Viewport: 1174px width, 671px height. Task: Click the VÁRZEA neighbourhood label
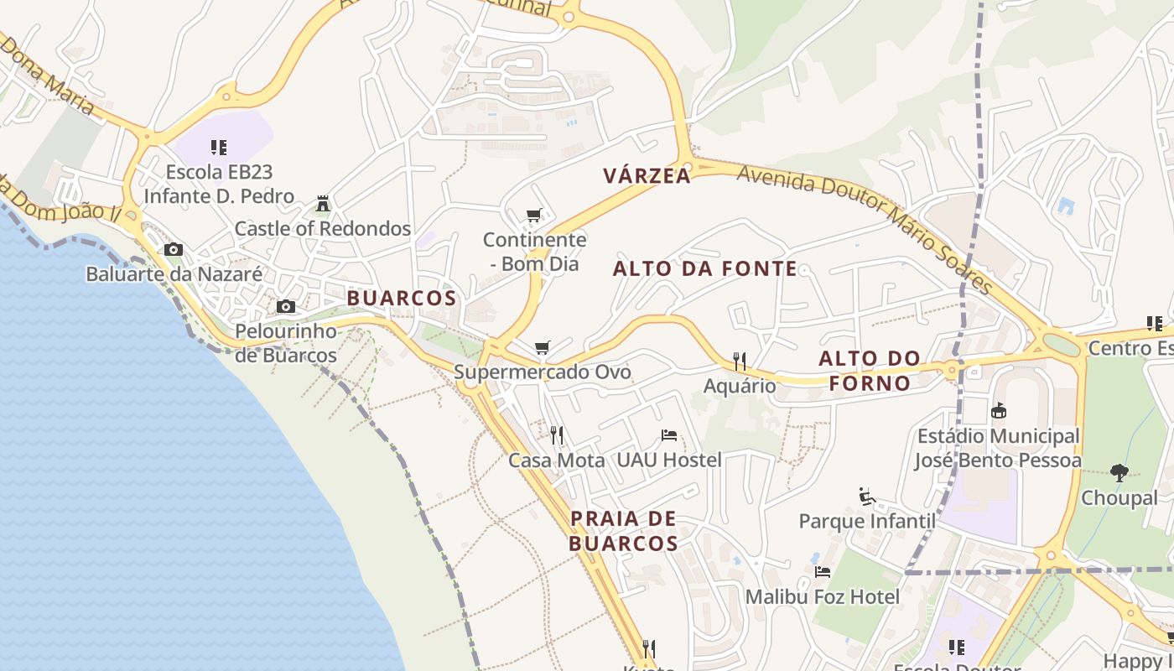647,176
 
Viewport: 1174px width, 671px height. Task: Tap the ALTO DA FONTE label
705,269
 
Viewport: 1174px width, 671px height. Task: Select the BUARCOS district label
402,299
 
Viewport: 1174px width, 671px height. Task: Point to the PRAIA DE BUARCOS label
623,531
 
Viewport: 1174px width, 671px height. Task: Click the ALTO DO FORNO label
870,371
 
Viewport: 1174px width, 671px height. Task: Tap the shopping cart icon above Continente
534,216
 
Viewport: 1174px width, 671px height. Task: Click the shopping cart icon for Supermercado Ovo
543,347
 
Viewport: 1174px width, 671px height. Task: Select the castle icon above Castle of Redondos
323,204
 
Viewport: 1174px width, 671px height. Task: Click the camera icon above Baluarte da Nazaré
174,250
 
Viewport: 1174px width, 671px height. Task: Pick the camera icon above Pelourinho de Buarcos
286,307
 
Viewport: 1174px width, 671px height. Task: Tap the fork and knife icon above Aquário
739,362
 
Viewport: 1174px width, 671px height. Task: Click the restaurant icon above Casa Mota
556,434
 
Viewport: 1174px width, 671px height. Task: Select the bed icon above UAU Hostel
669,435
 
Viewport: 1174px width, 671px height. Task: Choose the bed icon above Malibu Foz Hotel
823,572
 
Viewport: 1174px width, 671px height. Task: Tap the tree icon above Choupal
1119,473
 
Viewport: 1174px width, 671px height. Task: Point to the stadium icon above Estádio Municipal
998,411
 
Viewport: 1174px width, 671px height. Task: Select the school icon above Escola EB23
219,148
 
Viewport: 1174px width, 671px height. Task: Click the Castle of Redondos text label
323,229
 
